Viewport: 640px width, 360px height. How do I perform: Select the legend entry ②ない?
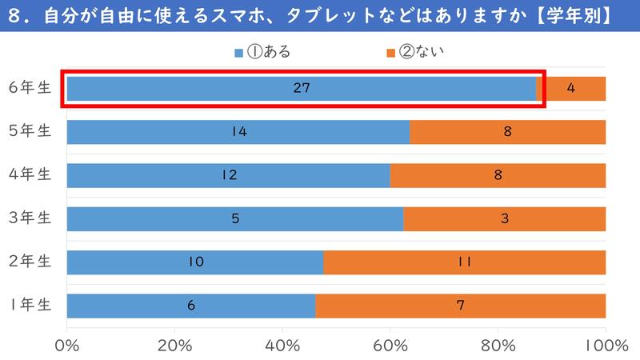(x=415, y=54)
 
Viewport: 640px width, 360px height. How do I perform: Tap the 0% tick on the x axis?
(x=67, y=346)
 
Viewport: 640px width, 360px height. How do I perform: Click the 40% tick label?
(x=282, y=346)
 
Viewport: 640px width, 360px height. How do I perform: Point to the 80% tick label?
(x=498, y=346)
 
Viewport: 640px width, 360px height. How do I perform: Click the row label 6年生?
(x=30, y=89)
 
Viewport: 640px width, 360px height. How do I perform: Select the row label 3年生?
(x=30, y=218)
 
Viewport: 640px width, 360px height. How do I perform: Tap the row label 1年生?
(x=30, y=305)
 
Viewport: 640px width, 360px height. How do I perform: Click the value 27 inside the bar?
(x=301, y=89)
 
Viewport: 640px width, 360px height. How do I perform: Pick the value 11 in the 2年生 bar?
(x=464, y=262)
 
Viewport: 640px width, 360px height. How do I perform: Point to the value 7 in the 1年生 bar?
(x=461, y=305)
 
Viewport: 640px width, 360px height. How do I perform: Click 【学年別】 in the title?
(x=574, y=16)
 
